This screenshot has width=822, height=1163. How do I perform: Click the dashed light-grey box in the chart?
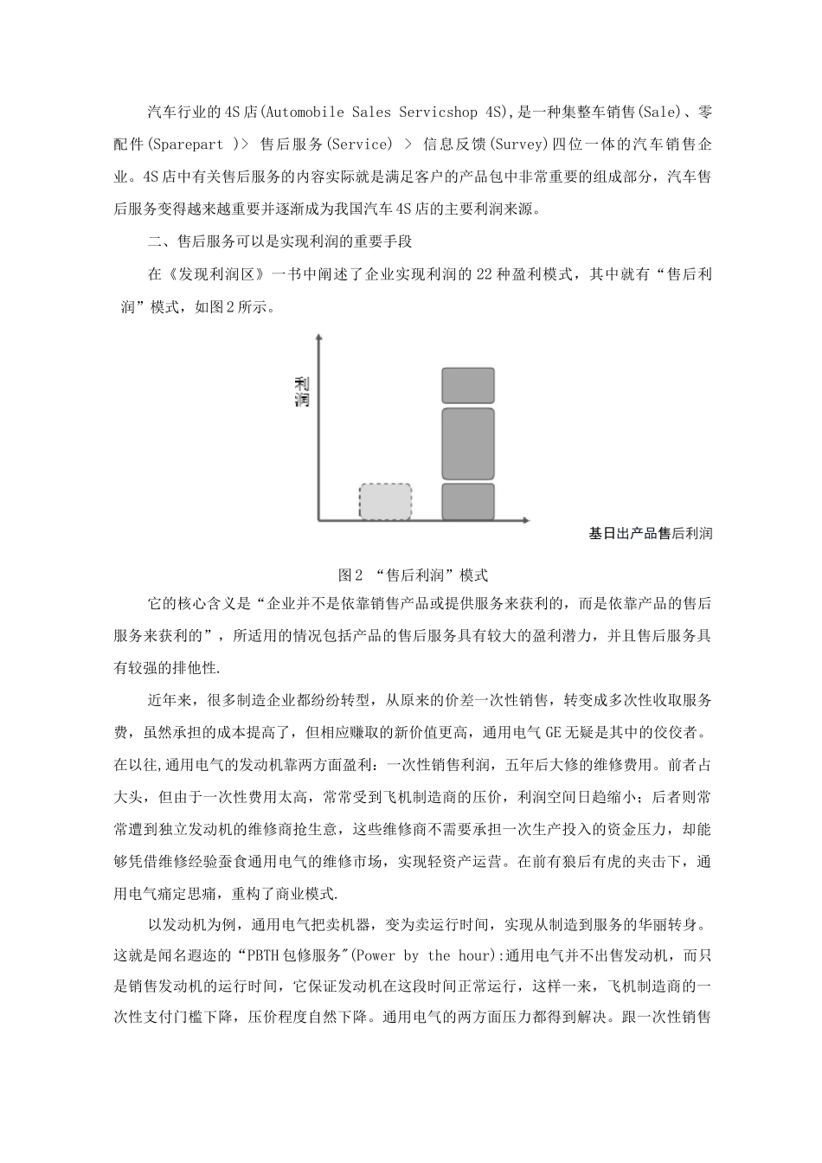pos(385,502)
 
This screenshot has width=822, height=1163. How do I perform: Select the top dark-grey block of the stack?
pos(468,386)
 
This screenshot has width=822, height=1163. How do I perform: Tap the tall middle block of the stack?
pos(468,444)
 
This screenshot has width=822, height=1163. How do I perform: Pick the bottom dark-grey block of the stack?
pos(468,502)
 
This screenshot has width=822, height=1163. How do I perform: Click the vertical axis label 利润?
pos(302,392)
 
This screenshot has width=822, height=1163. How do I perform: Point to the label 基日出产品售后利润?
pos(650,534)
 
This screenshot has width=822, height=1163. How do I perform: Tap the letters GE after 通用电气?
pos(553,732)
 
